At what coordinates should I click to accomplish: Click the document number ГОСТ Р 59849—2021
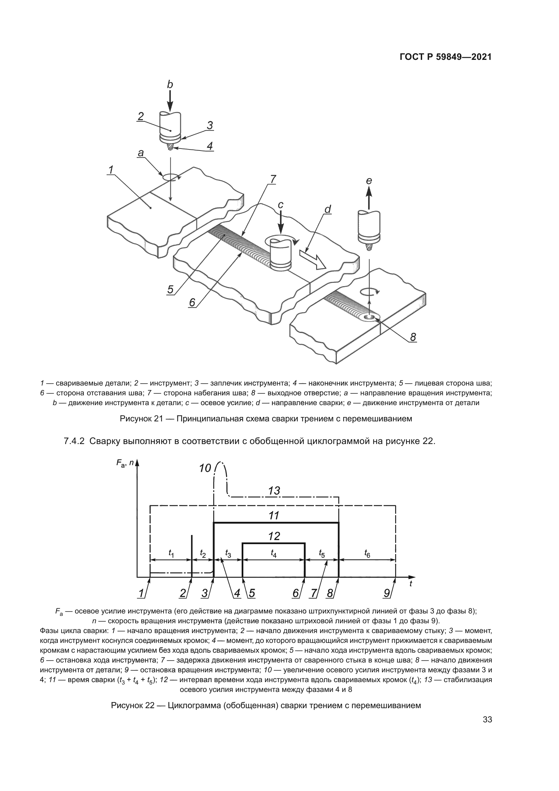[x=445, y=57]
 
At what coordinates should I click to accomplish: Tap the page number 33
[x=487, y=720]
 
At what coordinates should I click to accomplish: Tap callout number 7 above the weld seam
[x=273, y=179]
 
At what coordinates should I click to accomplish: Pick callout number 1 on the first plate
[x=111, y=170]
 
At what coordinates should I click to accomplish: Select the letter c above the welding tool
[x=281, y=205]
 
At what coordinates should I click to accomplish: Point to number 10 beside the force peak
[x=205, y=468]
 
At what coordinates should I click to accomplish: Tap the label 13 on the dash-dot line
[x=274, y=491]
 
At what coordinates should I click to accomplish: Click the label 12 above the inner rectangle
[x=274, y=536]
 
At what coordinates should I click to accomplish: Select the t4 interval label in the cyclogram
[x=274, y=554]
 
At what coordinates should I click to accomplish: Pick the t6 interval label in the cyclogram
[x=367, y=554]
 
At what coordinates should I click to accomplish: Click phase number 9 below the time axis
[x=387, y=593]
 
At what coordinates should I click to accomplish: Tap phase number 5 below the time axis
[x=252, y=593]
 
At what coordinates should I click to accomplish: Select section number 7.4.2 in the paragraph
[x=74, y=441]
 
